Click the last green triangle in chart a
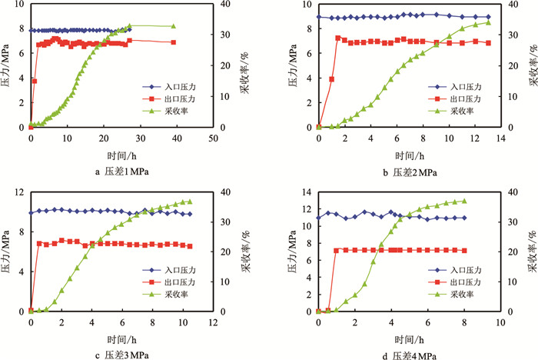pyautogui.click(x=173, y=26)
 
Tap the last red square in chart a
pyautogui.click(x=173, y=42)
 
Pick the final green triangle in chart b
pyautogui.click(x=488, y=22)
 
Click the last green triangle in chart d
pyautogui.click(x=464, y=202)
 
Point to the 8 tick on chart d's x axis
pyautogui.click(x=464, y=321)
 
